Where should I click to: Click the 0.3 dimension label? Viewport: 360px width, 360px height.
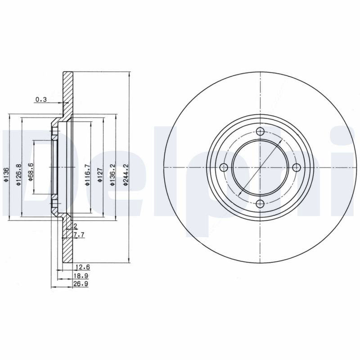point(41,99)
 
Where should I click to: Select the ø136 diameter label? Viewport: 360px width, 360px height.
point(6,175)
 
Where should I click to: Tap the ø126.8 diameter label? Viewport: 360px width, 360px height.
point(18,175)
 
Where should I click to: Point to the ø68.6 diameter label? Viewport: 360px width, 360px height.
point(31,172)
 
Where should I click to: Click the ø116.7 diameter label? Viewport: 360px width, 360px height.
point(87,174)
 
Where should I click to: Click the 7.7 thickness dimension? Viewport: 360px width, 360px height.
point(79,234)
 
